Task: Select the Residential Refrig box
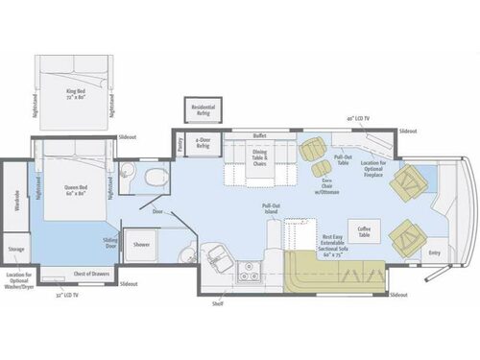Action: pos(203,109)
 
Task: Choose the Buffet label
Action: pos(258,136)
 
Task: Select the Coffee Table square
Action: pos(365,229)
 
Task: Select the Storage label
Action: pos(16,250)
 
